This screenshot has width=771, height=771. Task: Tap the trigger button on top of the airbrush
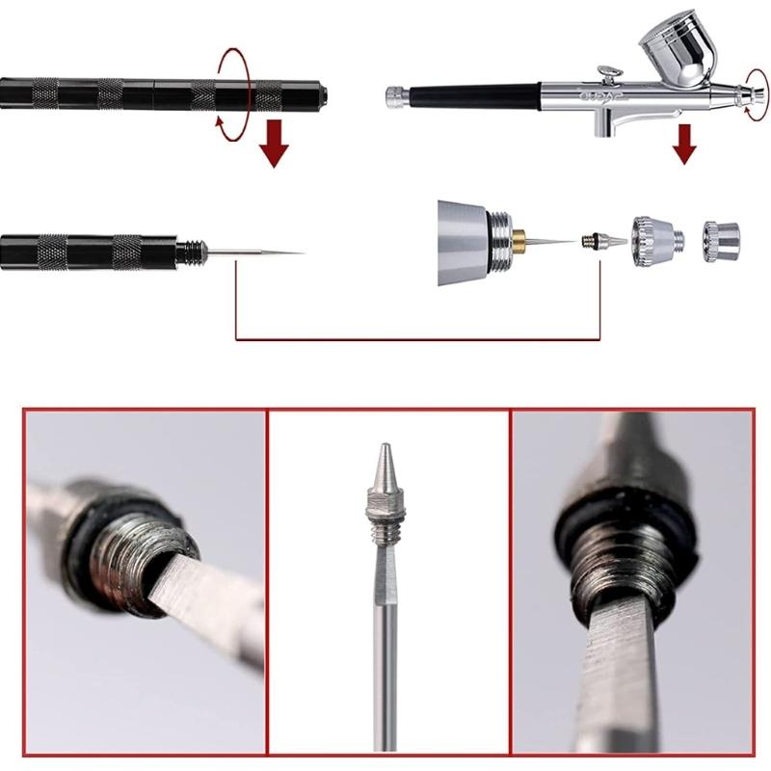coord(607,72)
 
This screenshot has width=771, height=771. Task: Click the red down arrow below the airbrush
coord(684,143)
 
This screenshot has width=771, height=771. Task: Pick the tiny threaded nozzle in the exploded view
coord(590,239)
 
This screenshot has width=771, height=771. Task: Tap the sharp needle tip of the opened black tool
coord(294,253)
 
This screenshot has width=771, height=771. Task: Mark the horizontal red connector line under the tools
coord(419,339)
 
